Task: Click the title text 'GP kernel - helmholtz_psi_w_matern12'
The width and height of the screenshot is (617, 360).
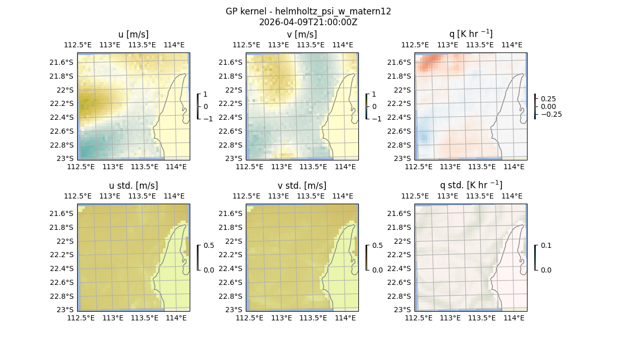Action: click(x=308, y=11)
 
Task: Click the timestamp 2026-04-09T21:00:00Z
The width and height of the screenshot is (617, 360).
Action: click(x=308, y=22)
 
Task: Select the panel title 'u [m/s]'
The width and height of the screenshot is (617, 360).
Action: click(x=133, y=34)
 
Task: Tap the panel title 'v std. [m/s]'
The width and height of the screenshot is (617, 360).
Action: click(x=302, y=186)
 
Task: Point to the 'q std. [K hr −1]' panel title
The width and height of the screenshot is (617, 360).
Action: click(x=470, y=185)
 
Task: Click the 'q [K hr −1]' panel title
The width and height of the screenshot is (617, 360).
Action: click(x=470, y=34)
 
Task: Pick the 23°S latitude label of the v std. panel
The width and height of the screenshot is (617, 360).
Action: click(x=234, y=310)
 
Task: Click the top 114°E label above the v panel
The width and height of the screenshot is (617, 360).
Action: click(x=343, y=45)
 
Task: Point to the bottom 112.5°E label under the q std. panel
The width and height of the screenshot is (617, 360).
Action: click(x=418, y=318)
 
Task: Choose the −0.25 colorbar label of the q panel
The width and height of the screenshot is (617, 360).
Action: click(x=550, y=114)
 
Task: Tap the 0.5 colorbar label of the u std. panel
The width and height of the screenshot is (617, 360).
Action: click(x=209, y=245)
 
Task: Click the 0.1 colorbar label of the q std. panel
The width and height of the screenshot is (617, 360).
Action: click(x=546, y=245)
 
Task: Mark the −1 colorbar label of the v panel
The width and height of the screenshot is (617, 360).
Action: click(x=376, y=119)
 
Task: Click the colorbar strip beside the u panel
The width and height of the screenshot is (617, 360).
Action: click(x=197, y=106)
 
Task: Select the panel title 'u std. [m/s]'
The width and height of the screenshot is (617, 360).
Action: click(x=133, y=186)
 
